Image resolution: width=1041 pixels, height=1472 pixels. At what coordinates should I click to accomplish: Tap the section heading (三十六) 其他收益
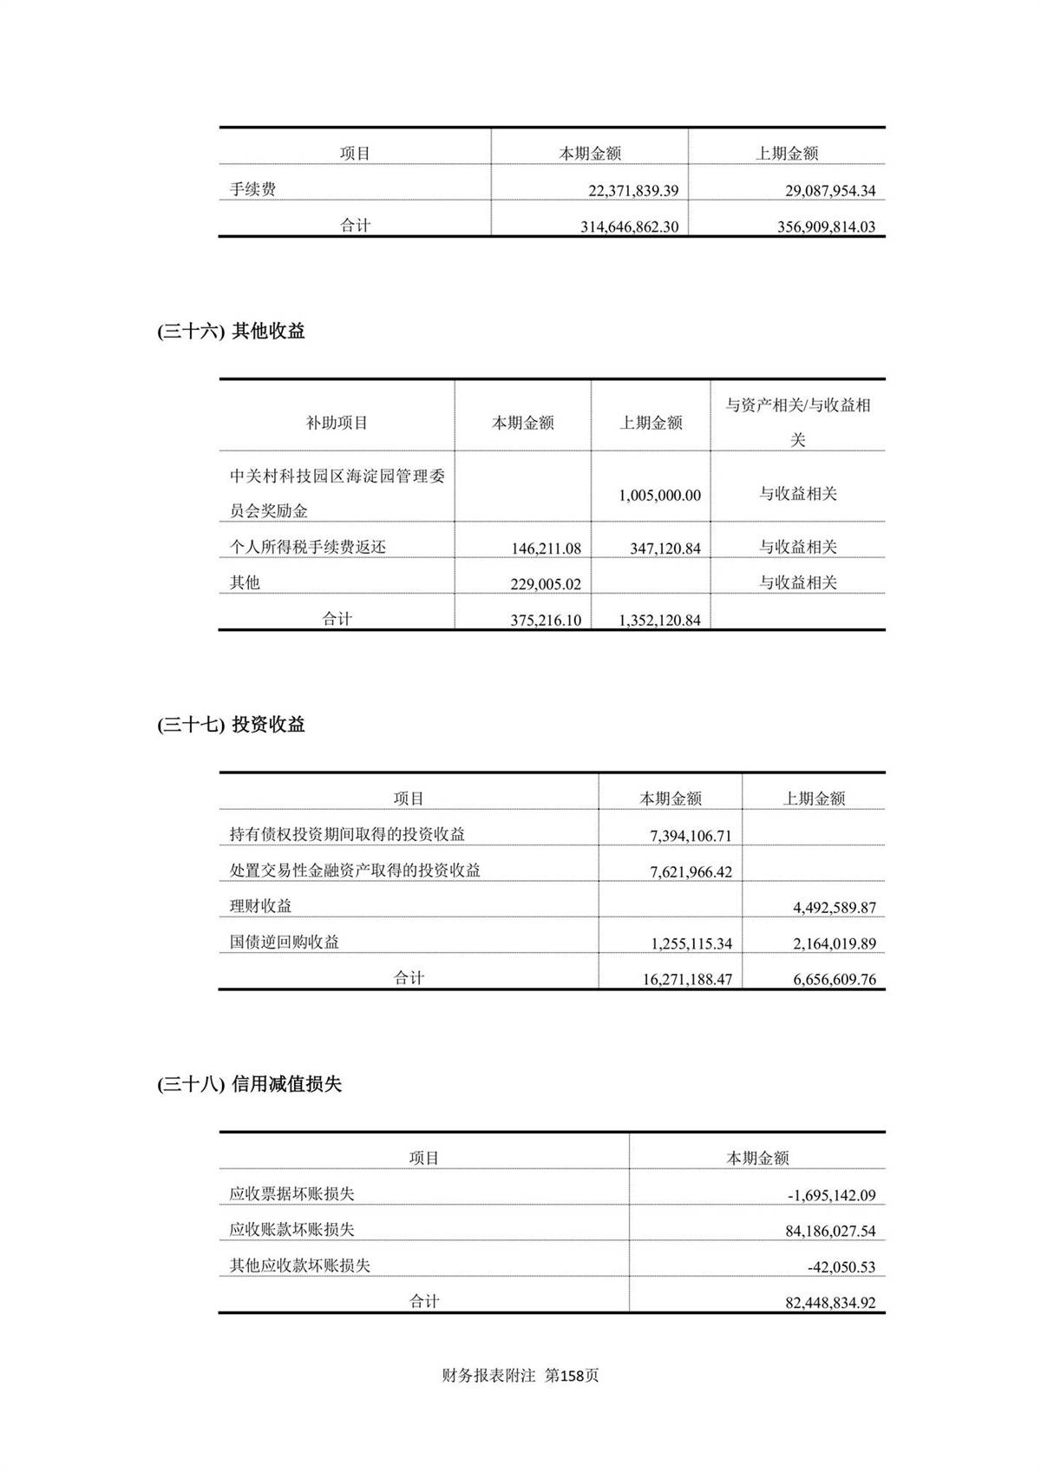point(231,332)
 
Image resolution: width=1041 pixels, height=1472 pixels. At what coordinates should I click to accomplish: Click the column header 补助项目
point(337,424)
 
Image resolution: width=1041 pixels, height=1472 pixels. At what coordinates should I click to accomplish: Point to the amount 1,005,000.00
point(659,496)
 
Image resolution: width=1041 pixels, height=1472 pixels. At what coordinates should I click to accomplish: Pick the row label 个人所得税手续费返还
point(308,548)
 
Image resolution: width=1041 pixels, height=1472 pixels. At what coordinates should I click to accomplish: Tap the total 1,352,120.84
point(659,621)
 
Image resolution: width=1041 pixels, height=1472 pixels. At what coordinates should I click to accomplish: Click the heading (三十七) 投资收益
point(231,726)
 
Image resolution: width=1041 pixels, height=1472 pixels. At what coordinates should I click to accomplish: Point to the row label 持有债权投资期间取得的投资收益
point(347,835)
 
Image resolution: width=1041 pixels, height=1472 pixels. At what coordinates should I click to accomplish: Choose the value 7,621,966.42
point(691,872)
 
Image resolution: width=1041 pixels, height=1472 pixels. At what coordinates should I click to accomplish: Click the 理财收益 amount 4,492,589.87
point(834,908)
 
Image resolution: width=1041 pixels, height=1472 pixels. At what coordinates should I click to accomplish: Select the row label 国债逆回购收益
point(285,943)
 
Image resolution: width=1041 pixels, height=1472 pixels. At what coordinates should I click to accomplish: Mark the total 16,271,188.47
point(687,980)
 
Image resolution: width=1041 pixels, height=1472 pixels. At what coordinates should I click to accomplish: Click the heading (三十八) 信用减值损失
point(249,1085)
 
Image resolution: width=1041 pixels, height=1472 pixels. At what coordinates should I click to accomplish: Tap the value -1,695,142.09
point(831,1196)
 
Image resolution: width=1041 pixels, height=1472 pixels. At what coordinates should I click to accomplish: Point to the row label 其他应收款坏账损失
point(300,1266)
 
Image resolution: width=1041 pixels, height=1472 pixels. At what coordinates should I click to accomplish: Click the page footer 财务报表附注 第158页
point(520,1376)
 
